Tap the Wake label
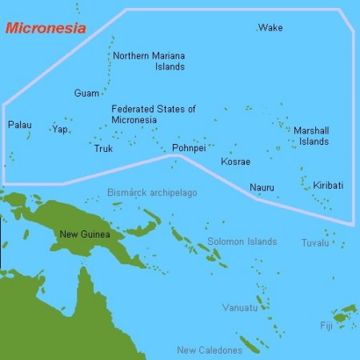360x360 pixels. click(270, 28)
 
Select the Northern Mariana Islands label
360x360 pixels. click(149, 61)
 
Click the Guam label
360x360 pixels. click(86, 94)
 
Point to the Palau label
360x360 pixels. click(20, 125)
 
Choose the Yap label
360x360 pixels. click(60, 129)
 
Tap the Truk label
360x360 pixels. click(103, 149)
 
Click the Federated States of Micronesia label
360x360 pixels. click(154, 114)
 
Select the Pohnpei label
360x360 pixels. click(189, 148)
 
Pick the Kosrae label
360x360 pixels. click(235, 162)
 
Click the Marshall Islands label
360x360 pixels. click(310, 136)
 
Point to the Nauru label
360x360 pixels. click(262, 188)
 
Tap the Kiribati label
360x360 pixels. click(328, 185)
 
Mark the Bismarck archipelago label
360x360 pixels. click(152, 193)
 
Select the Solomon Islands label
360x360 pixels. click(242, 241)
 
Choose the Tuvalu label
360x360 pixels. click(314, 242)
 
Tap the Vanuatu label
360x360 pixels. click(240, 307)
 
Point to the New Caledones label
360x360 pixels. click(209, 350)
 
